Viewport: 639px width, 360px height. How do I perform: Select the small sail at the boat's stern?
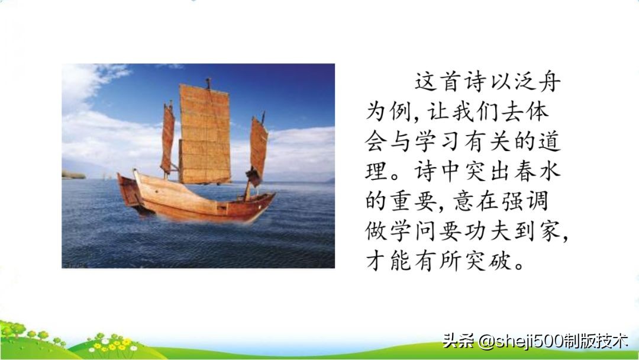click(167, 139)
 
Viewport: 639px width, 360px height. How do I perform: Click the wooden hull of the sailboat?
click(195, 201)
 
